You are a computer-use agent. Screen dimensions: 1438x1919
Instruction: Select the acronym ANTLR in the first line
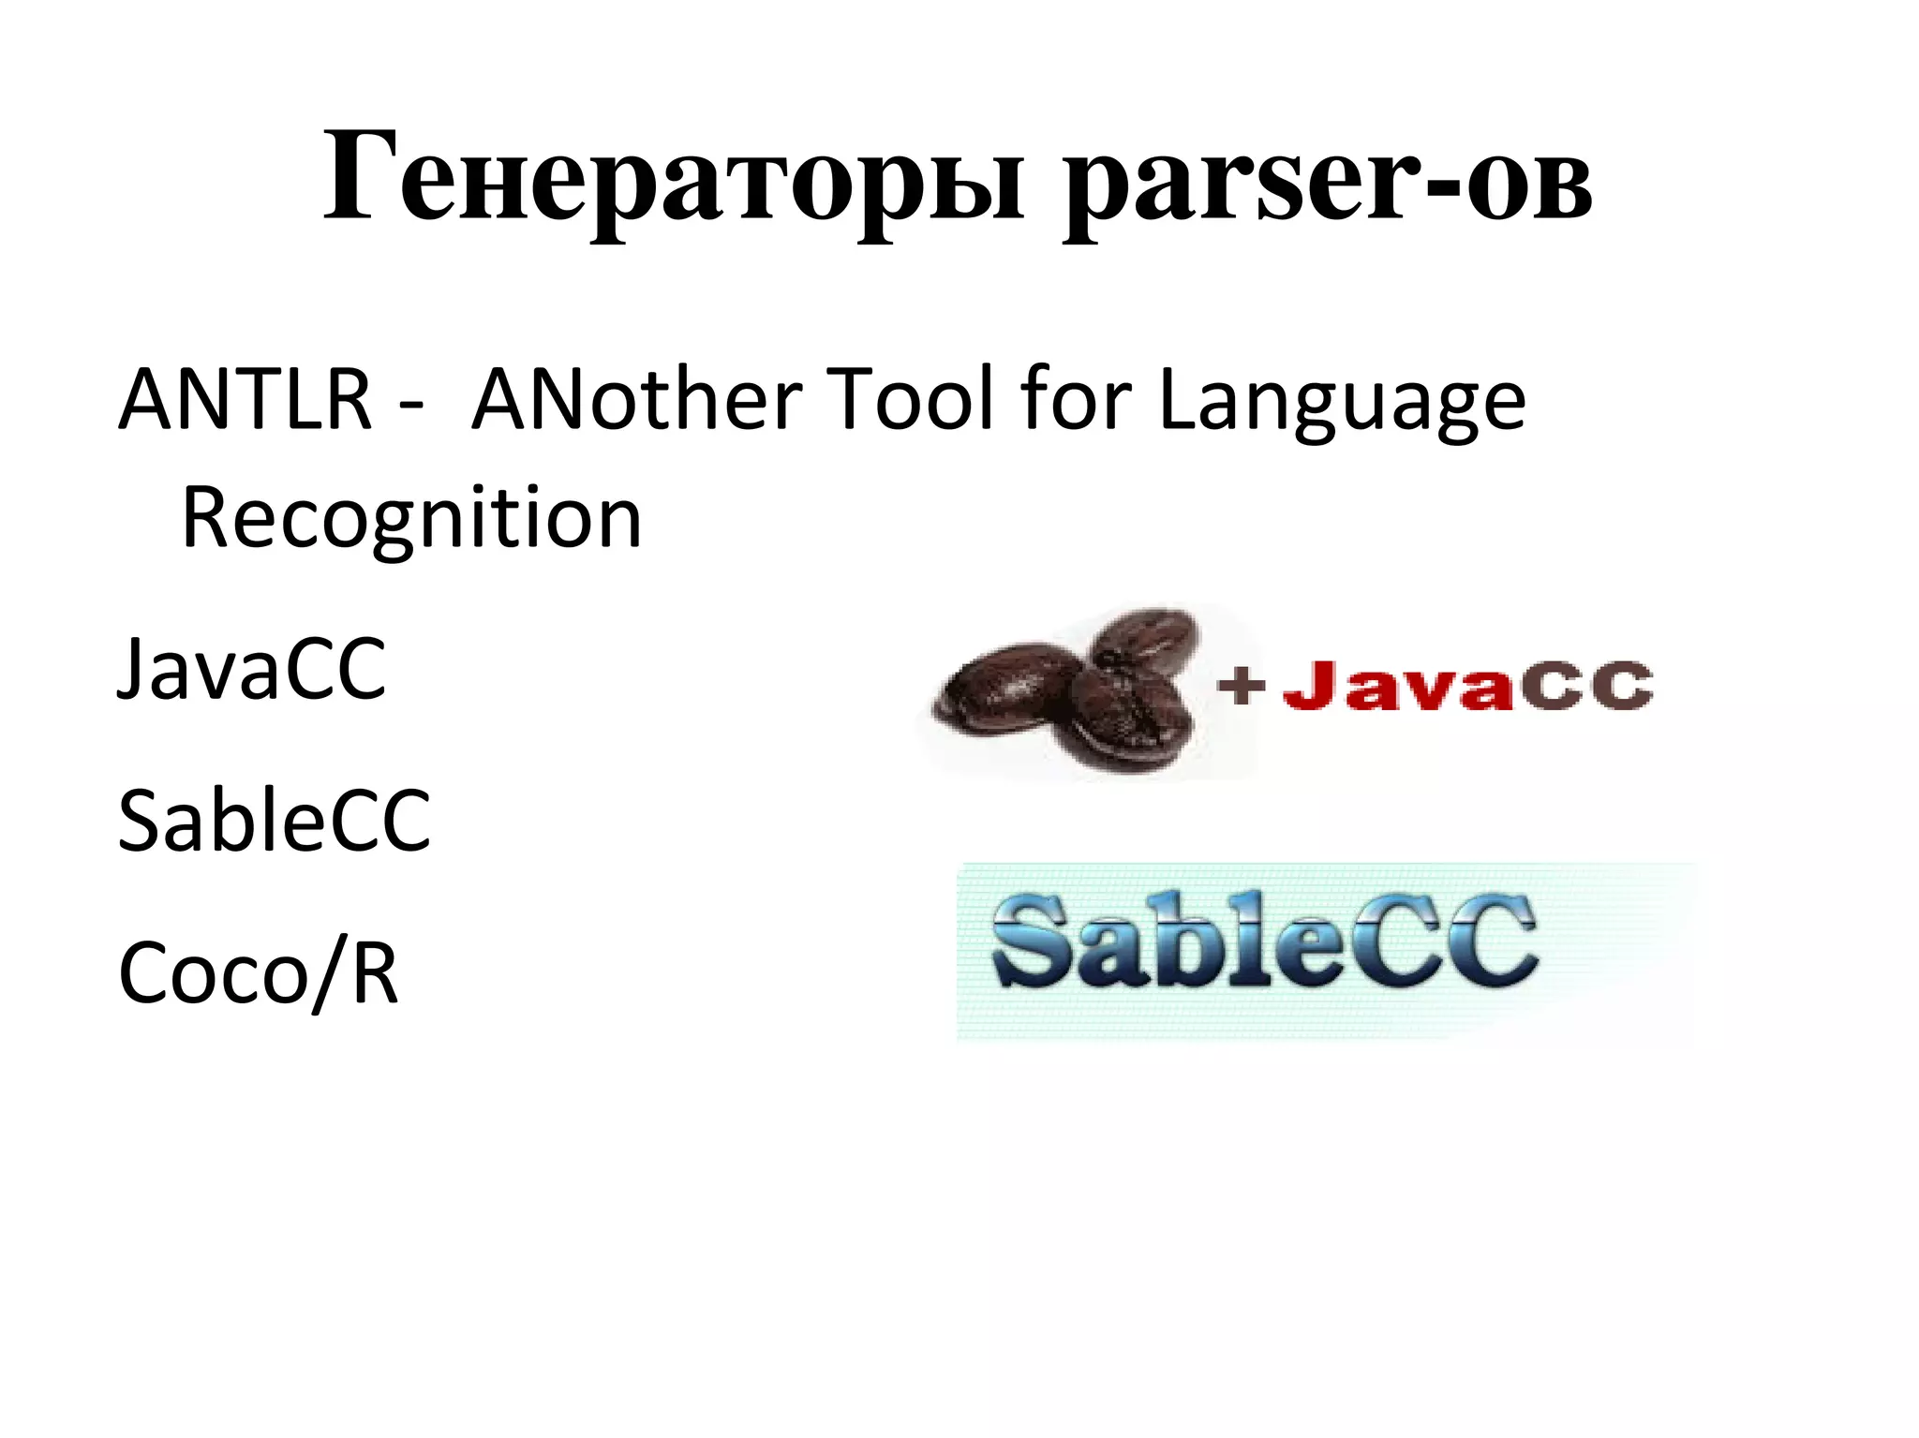point(245,400)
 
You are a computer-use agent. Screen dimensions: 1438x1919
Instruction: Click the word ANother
point(636,400)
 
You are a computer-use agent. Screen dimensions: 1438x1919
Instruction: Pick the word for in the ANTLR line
point(1078,400)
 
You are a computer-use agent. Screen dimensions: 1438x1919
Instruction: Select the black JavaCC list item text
point(251,669)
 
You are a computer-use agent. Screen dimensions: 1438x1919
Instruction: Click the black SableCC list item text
point(274,822)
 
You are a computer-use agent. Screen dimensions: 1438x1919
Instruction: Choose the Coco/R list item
point(259,974)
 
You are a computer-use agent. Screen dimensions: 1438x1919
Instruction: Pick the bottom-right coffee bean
point(1129,717)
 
